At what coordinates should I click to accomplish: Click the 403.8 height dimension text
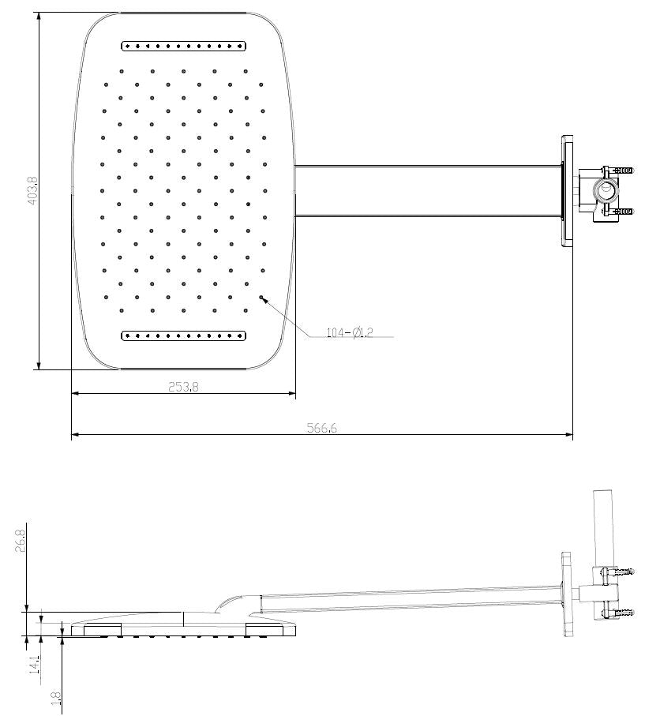(32, 190)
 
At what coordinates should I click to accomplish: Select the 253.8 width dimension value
(184, 386)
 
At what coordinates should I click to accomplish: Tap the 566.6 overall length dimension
(321, 428)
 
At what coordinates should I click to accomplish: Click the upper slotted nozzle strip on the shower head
(184, 46)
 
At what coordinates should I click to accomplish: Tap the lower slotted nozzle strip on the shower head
(184, 336)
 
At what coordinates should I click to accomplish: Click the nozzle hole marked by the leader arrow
(262, 298)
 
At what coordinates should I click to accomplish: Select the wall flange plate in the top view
(567, 190)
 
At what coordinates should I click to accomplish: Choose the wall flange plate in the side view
(566, 594)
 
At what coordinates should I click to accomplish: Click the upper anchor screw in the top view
(624, 171)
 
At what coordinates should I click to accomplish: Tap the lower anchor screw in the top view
(624, 211)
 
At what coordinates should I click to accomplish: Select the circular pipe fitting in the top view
(606, 190)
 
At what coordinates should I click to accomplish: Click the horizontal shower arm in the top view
(426, 190)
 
